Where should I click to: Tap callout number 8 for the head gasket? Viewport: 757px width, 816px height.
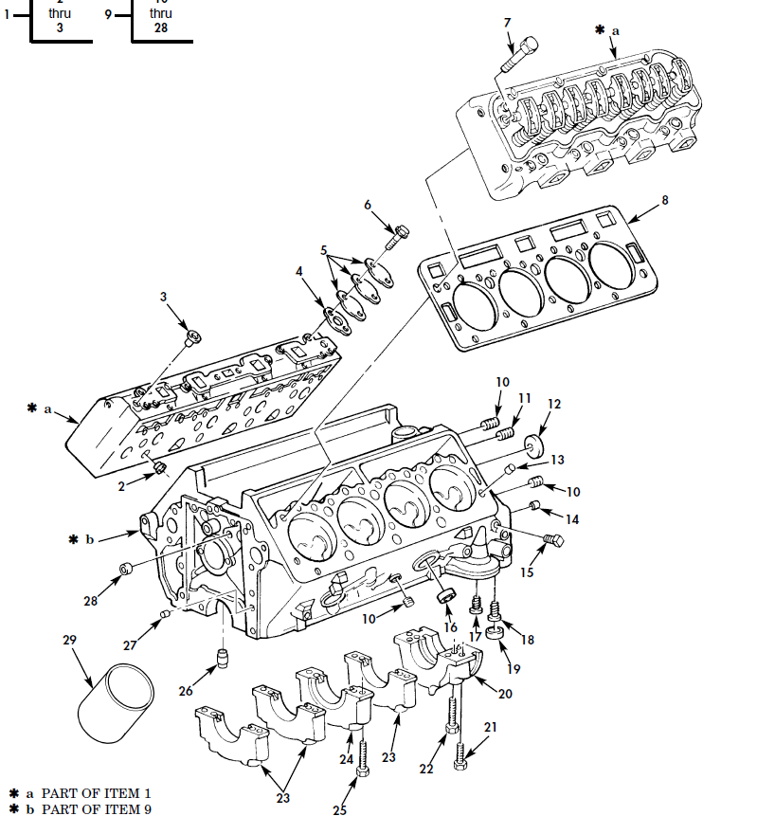[x=665, y=200]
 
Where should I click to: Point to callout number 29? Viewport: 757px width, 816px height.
[x=69, y=641]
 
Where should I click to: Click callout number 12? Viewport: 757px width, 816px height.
[x=554, y=404]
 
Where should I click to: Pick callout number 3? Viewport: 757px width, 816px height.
[x=163, y=297]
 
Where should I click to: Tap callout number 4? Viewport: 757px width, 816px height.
[x=299, y=271]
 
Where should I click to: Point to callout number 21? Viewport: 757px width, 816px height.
[x=490, y=727]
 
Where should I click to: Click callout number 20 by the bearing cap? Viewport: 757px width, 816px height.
[x=505, y=694]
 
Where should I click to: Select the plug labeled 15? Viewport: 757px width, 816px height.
[x=552, y=541]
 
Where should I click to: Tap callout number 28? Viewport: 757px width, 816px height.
[x=90, y=600]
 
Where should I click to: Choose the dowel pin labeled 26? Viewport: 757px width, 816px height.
[x=225, y=659]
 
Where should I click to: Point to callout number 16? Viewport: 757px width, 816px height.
[x=451, y=627]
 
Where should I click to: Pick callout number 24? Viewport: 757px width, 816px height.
[x=346, y=759]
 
